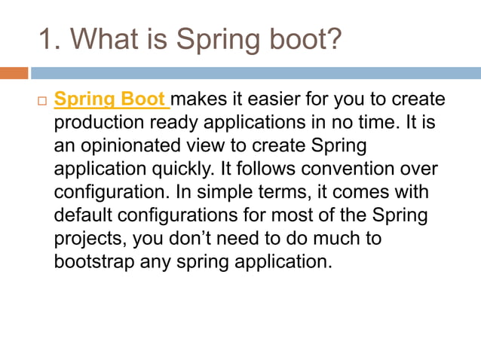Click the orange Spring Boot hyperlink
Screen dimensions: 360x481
click(112, 100)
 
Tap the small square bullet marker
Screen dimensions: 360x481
click(42, 101)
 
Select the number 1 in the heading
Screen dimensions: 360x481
click(46, 38)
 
